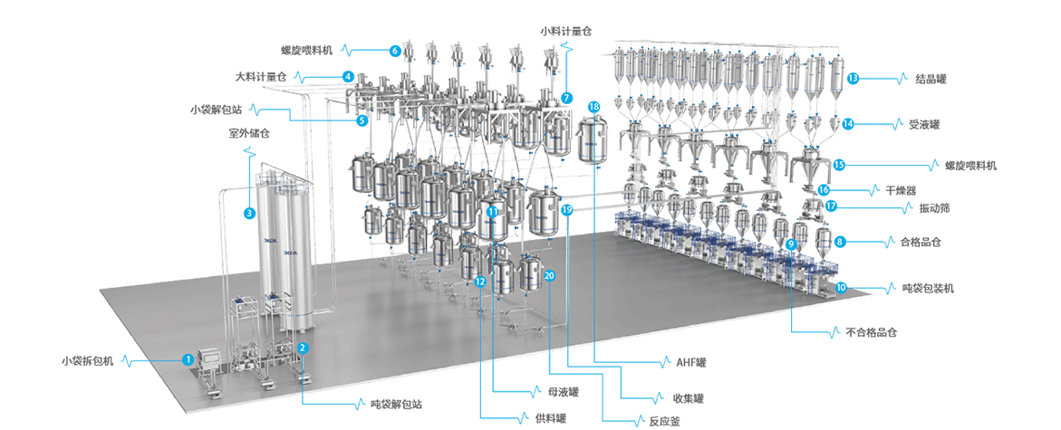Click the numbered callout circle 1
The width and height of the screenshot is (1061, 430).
click(188, 359)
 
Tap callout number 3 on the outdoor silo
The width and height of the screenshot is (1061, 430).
click(249, 214)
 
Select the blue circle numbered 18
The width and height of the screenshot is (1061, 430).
click(594, 107)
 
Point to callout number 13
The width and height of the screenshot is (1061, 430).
click(853, 79)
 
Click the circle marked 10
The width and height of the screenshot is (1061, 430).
click(842, 288)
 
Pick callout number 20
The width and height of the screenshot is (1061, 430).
click(549, 275)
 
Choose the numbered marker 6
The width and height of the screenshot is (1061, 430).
click(395, 51)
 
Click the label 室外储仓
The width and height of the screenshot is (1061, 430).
click(249, 132)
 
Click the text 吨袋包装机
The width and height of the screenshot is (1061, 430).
click(928, 288)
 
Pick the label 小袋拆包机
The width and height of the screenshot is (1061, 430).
click(88, 360)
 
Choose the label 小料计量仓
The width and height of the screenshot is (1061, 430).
click(566, 30)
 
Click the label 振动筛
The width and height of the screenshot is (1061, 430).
click(921, 207)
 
